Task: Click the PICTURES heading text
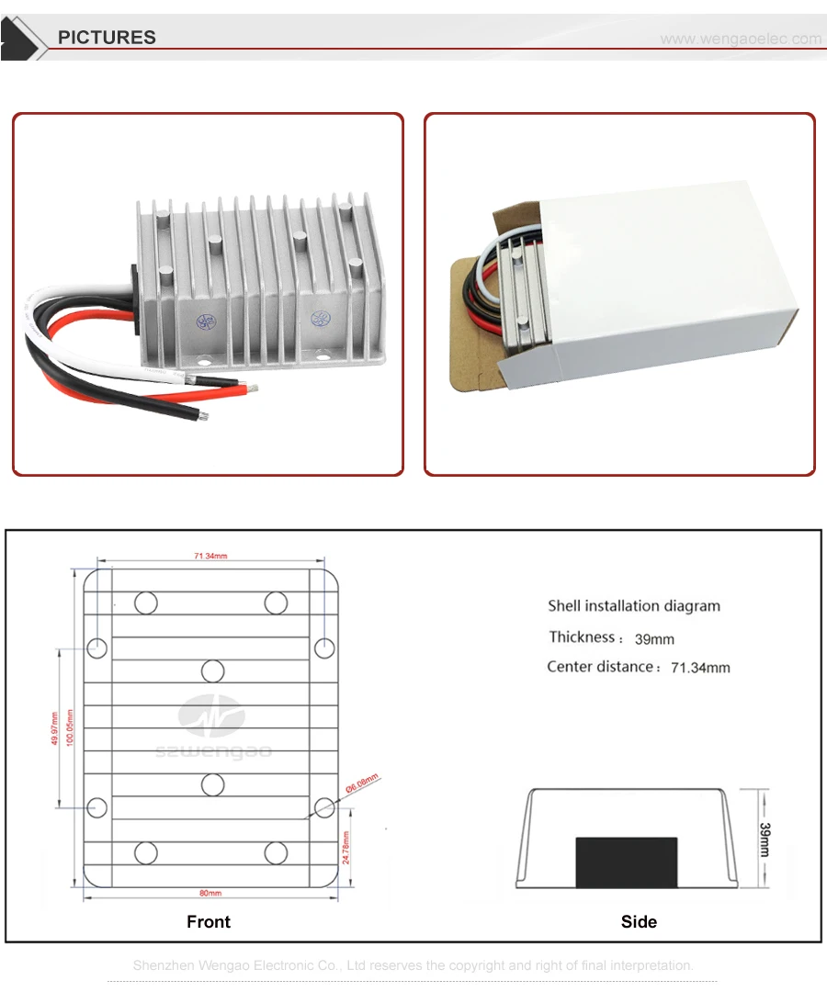[107, 38]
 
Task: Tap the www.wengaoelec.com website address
[741, 39]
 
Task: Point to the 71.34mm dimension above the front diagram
[210, 556]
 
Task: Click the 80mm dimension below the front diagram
[210, 893]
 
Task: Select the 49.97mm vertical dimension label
[55, 728]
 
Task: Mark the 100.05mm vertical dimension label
[70, 728]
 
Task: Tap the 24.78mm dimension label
[346, 848]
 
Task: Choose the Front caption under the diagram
[209, 922]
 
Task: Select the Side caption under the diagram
[639, 922]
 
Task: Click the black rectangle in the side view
[626, 862]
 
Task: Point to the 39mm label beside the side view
[765, 840]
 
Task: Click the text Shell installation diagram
[634, 606]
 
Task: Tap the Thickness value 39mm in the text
[654, 639]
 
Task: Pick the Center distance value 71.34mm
[700, 668]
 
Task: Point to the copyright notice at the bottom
[413, 965]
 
